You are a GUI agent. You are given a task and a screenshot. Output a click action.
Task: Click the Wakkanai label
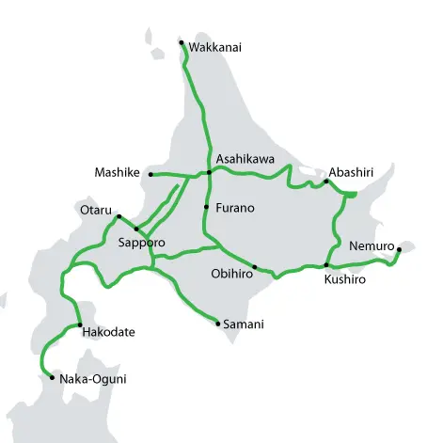click(215, 47)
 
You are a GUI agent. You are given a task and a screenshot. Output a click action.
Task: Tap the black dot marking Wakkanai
click(182, 41)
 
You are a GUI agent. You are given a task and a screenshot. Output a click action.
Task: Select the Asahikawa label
click(245, 159)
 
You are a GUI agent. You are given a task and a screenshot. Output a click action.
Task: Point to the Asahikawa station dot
click(210, 173)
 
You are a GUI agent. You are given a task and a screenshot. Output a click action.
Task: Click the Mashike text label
click(118, 172)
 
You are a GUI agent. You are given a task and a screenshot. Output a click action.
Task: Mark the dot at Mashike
click(150, 174)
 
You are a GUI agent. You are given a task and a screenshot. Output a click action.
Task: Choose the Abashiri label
click(352, 172)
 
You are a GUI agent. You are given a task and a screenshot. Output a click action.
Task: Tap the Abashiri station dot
click(326, 182)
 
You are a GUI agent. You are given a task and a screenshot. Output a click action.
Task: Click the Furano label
click(235, 207)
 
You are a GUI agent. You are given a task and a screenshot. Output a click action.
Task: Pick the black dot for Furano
click(206, 206)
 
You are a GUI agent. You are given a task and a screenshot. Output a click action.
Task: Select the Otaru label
click(96, 209)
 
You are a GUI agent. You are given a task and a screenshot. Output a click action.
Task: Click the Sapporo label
click(142, 243)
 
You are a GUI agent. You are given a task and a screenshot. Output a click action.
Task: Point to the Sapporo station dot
click(136, 229)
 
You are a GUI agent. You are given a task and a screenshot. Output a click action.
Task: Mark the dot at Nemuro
click(399, 249)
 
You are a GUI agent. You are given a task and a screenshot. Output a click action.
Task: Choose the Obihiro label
click(229, 275)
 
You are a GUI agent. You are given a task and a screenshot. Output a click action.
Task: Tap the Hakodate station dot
click(80, 324)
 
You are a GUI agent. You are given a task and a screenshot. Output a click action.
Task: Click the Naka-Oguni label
click(92, 379)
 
